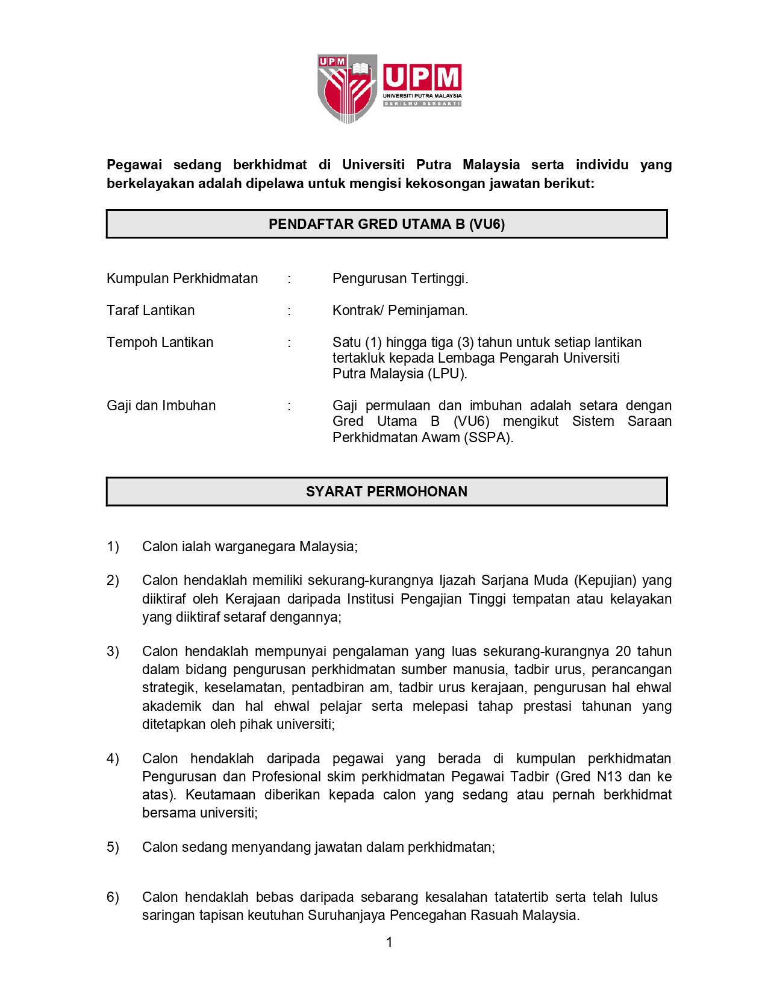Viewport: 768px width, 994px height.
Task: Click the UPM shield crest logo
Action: pyautogui.click(x=348, y=88)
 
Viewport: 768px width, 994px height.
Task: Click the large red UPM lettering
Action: pyautogui.click(x=422, y=78)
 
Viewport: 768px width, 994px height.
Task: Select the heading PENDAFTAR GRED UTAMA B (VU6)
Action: pyautogui.click(x=387, y=224)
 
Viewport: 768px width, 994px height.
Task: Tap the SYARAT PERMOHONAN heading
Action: pyautogui.click(x=387, y=492)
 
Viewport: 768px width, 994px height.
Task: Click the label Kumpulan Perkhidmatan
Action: pyautogui.click(x=182, y=278)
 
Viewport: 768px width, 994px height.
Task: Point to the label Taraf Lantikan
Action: pyautogui.click(x=151, y=310)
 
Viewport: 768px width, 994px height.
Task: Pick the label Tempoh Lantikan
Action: pyautogui.click(x=160, y=342)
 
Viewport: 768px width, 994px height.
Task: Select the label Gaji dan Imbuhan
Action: pyautogui.click(x=161, y=405)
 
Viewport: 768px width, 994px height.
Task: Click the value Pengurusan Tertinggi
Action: pyautogui.click(x=400, y=278)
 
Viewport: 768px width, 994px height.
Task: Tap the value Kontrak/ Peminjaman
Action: pyautogui.click(x=400, y=310)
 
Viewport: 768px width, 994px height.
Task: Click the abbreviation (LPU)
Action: pyautogui.click(x=448, y=374)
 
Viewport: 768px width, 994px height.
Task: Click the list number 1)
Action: pyautogui.click(x=113, y=546)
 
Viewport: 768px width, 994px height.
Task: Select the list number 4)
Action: pyautogui.click(x=113, y=758)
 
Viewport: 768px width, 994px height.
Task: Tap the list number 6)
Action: pyautogui.click(x=113, y=897)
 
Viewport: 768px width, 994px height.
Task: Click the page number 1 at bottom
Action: pyautogui.click(x=389, y=942)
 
